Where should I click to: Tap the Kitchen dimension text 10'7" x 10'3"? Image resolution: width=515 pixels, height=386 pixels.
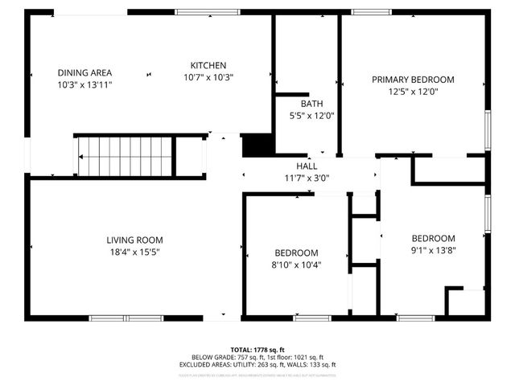(208, 77)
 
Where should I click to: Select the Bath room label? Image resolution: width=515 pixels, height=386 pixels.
(311, 104)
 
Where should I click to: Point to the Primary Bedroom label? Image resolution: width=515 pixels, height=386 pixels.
(412, 80)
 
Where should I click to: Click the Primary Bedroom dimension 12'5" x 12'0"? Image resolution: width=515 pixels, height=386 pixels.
(412, 91)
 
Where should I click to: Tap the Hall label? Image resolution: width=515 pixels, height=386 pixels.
(307, 166)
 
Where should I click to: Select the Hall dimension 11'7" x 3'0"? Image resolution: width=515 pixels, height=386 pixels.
(307, 178)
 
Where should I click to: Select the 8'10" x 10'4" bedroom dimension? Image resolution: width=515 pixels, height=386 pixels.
(296, 265)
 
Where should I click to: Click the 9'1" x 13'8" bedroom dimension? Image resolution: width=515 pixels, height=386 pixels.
(433, 250)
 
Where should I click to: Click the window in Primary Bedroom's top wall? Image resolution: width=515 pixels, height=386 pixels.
(366, 12)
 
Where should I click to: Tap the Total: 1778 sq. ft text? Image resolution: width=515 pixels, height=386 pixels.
(257, 350)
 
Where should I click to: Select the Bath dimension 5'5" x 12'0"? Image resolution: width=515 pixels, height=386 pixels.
(311, 116)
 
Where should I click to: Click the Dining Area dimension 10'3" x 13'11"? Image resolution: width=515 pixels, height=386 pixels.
(84, 84)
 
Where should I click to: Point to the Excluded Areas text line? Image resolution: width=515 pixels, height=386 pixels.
(257, 365)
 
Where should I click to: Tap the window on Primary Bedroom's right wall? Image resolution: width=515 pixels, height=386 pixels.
(487, 129)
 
